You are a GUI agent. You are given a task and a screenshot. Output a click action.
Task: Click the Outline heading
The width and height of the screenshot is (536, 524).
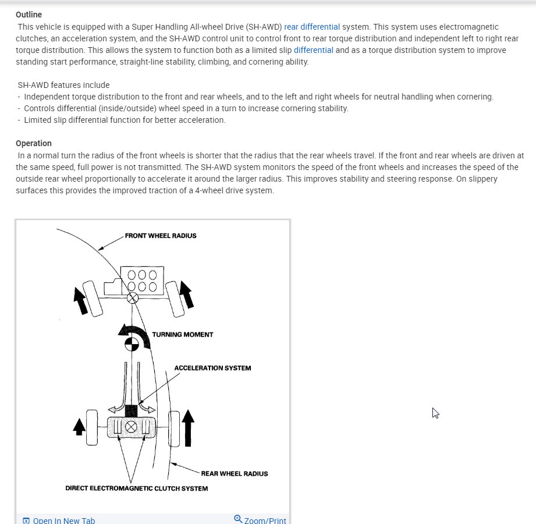click(x=29, y=15)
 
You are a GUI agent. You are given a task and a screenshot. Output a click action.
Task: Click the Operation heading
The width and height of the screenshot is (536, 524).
click(x=34, y=143)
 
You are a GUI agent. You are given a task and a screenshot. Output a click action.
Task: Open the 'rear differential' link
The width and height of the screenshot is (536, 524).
click(x=312, y=27)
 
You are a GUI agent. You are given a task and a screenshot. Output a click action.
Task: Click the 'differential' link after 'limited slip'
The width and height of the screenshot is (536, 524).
click(x=314, y=50)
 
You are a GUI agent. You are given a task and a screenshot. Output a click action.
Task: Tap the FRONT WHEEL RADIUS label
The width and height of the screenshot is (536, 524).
click(x=161, y=236)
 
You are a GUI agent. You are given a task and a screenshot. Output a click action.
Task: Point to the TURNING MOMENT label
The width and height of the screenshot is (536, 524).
click(x=183, y=335)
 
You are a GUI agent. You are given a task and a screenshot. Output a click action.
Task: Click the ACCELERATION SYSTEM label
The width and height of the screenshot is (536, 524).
click(x=212, y=368)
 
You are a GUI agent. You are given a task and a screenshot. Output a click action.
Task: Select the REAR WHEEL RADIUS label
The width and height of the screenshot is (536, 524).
click(x=235, y=473)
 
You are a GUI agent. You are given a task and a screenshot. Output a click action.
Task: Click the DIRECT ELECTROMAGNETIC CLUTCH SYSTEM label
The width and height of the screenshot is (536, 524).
click(x=137, y=488)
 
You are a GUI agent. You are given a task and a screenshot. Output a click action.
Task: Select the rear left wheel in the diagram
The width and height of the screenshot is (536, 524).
click(x=92, y=427)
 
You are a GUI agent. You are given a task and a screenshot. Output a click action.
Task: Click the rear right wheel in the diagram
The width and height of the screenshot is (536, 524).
click(x=173, y=427)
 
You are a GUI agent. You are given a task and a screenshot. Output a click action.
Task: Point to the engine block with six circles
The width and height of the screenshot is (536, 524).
click(x=139, y=279)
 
